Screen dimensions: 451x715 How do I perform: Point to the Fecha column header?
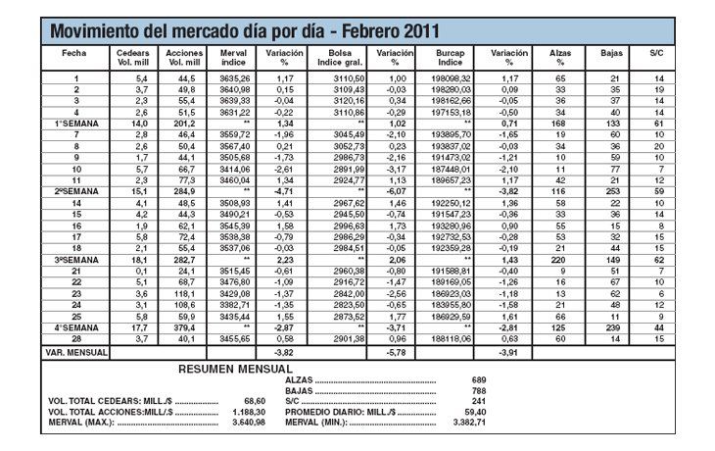(74, 51)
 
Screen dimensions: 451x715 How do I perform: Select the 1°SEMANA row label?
(74, 124)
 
